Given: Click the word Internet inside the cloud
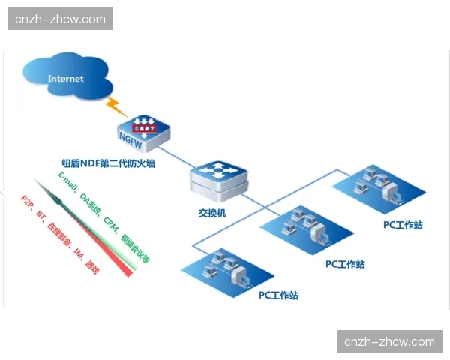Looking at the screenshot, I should coord(67,78).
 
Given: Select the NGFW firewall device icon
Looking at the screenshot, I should coord(142,132).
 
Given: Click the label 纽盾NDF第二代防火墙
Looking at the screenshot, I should coord(108,163).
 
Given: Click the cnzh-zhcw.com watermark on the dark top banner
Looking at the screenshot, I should coord(60,19).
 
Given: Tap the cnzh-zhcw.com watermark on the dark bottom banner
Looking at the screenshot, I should coord(389,341).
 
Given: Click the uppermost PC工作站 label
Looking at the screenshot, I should coord(402,224).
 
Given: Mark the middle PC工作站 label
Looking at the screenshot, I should coord(345,264).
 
